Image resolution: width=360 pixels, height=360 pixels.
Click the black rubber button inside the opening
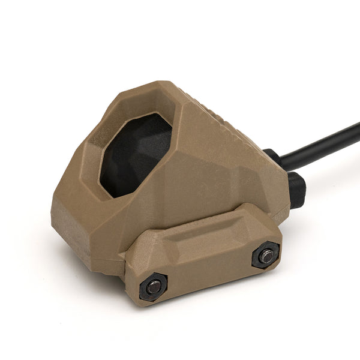134,153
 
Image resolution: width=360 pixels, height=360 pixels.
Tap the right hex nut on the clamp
265,254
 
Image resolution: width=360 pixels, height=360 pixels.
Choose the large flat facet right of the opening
228,162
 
